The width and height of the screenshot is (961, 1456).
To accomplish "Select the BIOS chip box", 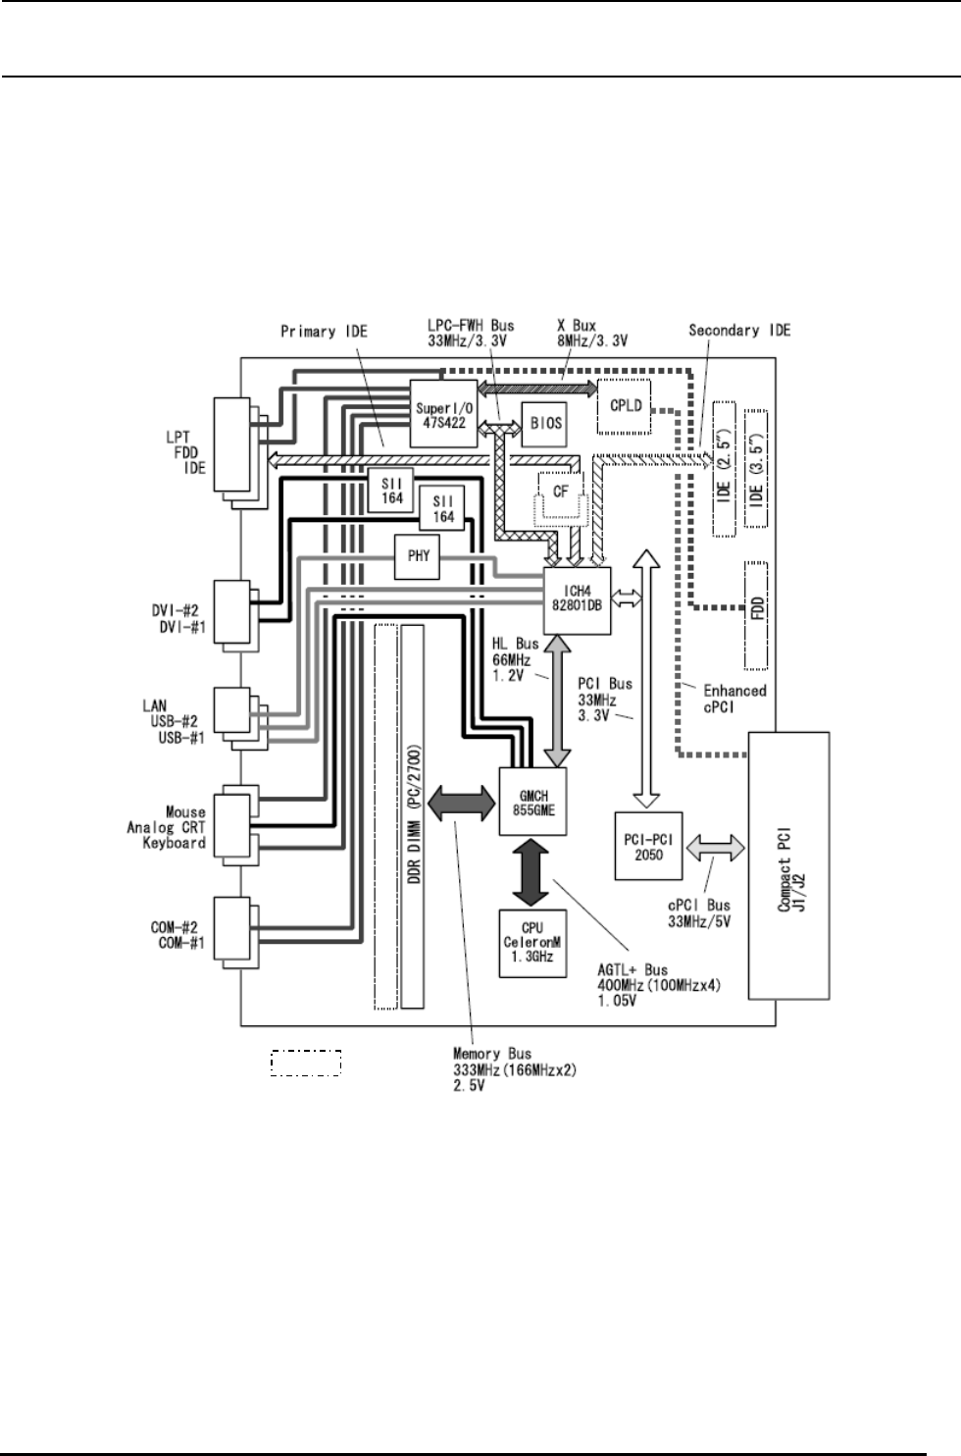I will (x=545, y=423).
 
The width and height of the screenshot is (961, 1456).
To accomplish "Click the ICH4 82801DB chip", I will (x=578, y=598).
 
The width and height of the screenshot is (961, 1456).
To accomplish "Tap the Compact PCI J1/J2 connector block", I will (x=789, y=865).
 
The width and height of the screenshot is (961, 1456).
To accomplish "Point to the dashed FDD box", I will (x=756, y=612).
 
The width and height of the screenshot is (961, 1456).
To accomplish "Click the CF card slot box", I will (x=561, y=492).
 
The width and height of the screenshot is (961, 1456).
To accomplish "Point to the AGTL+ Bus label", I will (x=659, y=985).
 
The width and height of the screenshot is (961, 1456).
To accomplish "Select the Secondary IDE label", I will (x=738, y=331).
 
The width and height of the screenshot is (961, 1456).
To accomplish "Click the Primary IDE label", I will (x=324, y=332).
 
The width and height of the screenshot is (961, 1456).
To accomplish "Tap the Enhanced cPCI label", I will (x=733, y=698).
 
